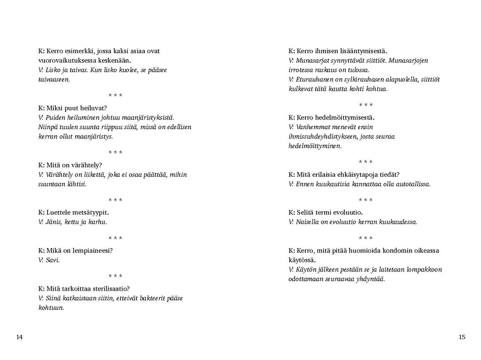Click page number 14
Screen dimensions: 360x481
pyautogui.click(x=19, y=337)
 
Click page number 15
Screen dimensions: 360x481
pyautogui.click(x=461, y=337)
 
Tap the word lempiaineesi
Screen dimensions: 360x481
pyautogui.click(x=92, y=251)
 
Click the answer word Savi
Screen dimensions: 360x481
pyautogui.click(x=53, y=260)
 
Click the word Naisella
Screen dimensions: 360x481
pyautogui.click(x=308, y=222)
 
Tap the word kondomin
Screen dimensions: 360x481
pyautogui.click(x=398, y=251)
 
